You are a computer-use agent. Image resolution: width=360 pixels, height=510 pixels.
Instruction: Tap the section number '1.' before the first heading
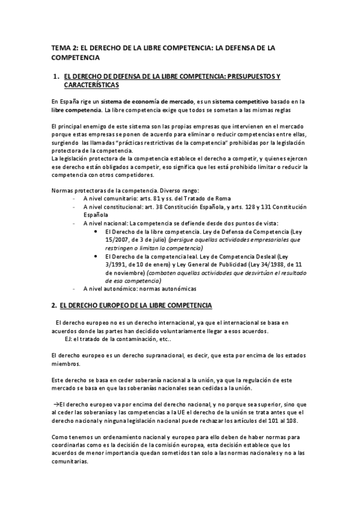click(56, 77)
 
